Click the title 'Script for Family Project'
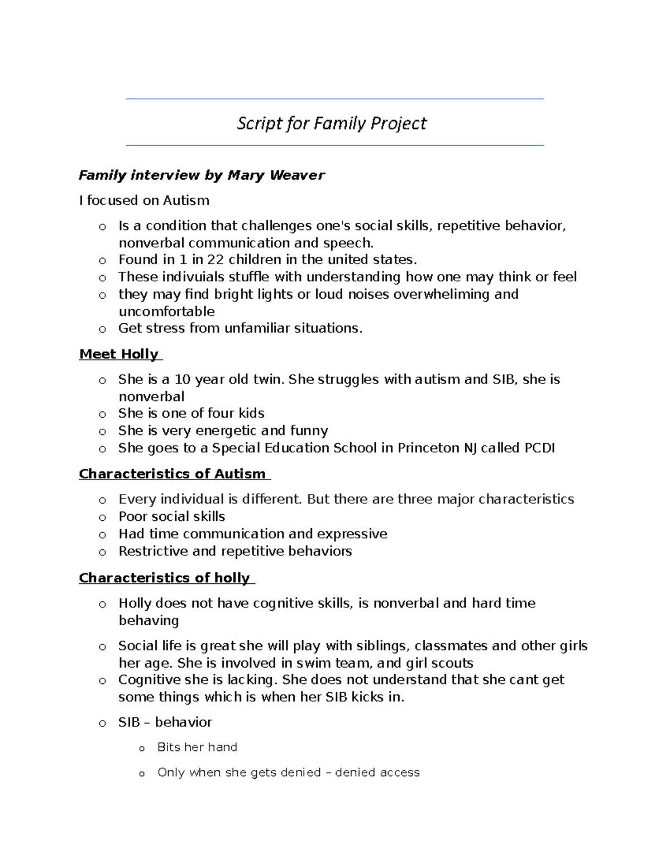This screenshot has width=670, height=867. click(332, 123)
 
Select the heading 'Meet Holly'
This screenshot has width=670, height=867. click(119, 354)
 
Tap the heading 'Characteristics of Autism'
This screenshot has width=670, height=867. click(173, 474)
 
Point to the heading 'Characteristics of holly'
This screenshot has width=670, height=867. click(165, 578)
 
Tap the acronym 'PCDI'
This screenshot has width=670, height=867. click(539, 448)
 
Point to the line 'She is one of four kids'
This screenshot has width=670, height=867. click(191, 413)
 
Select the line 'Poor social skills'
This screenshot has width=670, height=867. click(171, 516)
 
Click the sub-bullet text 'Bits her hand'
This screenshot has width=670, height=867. click(197, 747)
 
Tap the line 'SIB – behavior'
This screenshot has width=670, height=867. click(165, 722)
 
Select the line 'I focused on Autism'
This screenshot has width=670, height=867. click(144, 200)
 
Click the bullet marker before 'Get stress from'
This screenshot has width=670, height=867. click(102, 329)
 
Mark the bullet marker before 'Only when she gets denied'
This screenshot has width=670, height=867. click(141, 773)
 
